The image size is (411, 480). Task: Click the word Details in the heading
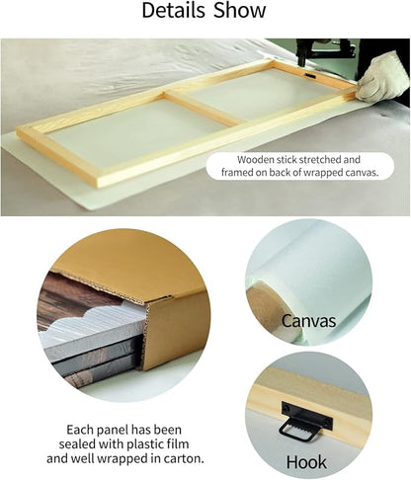coord(174,11)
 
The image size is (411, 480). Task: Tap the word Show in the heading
coord(239,11)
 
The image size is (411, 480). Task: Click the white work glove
coord(382,77)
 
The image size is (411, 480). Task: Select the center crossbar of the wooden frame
coord(205,108)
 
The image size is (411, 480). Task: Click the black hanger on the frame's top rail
coord(310,76)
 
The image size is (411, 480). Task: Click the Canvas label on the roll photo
coord(308,321)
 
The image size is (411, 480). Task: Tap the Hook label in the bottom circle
coord(306,462)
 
